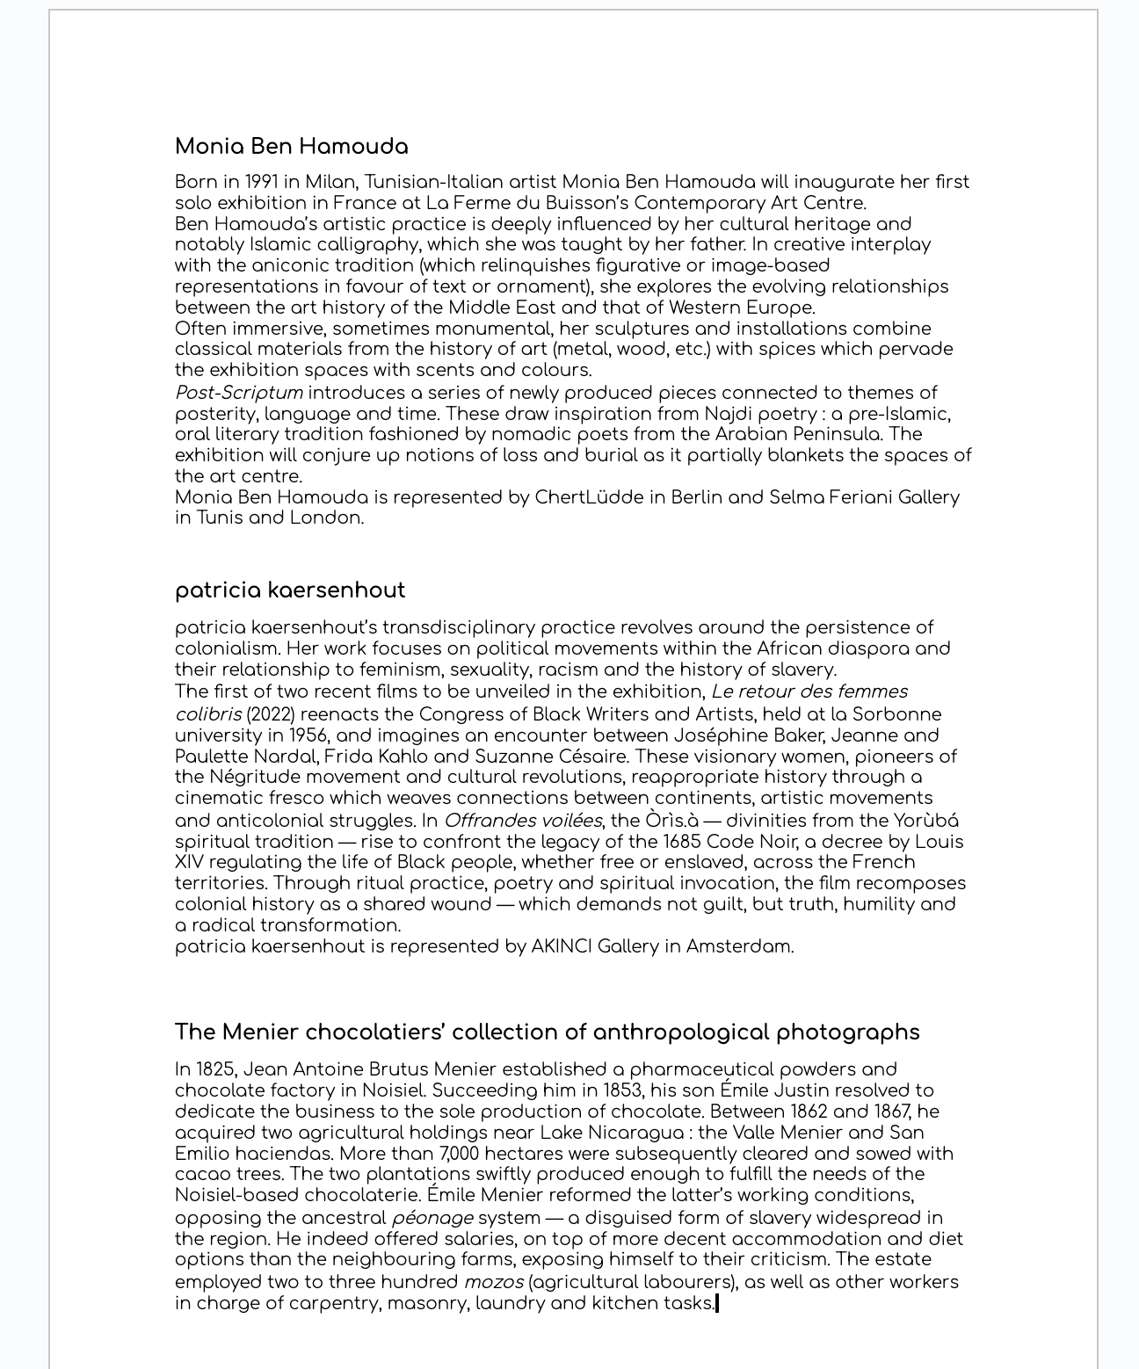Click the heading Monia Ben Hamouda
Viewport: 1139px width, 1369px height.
coord(291,147)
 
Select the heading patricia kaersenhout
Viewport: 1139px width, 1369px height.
coord(290,590)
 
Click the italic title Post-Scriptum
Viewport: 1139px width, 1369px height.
coord(238,393)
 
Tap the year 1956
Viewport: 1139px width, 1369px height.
coord(308,735)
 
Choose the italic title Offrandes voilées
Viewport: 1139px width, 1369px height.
coord(522,821)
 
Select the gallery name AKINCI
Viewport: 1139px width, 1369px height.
coord(561,946)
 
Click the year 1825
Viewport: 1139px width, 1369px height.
coord(215,1070)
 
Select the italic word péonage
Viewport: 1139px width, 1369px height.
coord(432,1218)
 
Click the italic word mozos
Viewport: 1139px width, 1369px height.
coord(493,1282)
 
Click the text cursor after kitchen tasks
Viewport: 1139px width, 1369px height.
coord(717,1303)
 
